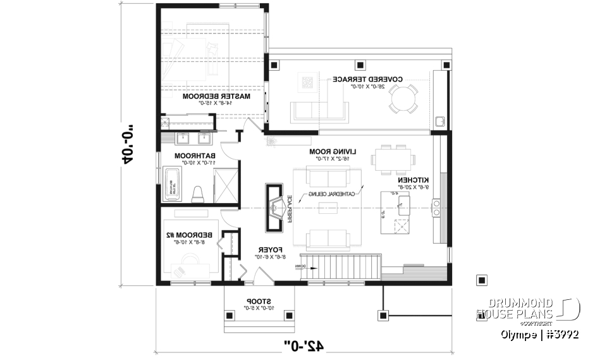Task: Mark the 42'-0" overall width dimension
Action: pyautogui.click(x=303, y=345)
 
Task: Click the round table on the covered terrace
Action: pyautogui.click(x=403, y=99)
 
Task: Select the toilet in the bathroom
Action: pyautogui.click(x=197, y=194)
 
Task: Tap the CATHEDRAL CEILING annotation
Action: pyautogui.click(x=332, y=194)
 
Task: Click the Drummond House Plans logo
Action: pyautogui.click(x=528, y=309)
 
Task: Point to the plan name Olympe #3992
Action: pyautogui.click(x=540, y=334)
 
